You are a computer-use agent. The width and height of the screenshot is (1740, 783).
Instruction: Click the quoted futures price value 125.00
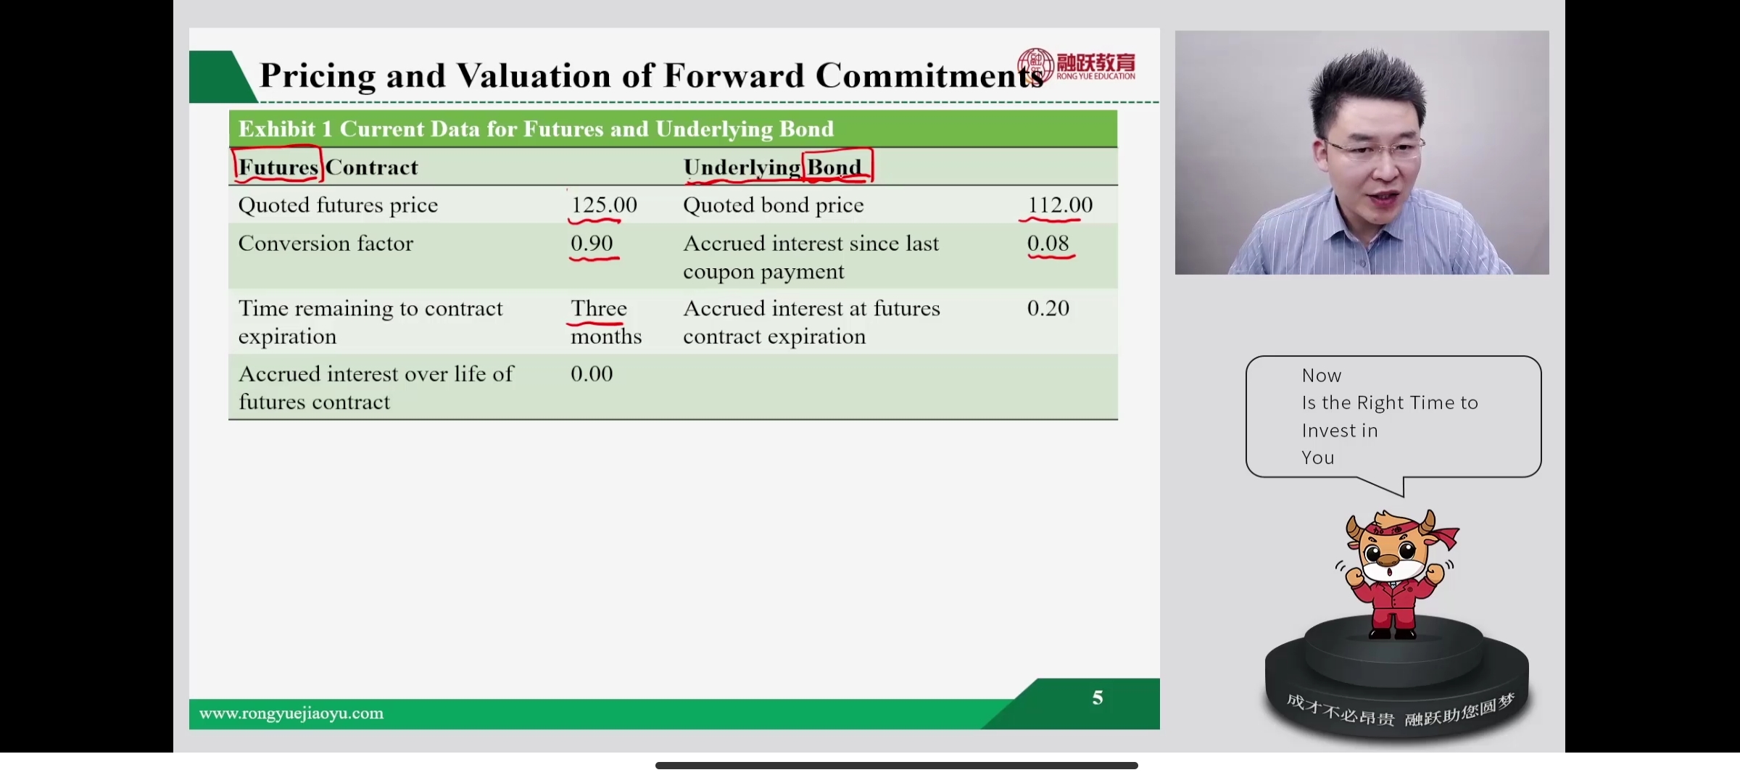pyautogui.click(x=604, y=205)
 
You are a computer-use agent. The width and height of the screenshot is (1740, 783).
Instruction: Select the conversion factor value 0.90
pyautogui.click(x=592, y=244)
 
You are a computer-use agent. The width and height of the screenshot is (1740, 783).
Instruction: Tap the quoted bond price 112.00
pyautogui.click(x=1060, y=205)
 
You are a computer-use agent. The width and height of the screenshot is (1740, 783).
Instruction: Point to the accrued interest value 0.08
pyautogui.click(x=1048, y=244)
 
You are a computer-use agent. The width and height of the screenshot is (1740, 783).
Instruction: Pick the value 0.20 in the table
pyautogui.click(x=1048, y=308)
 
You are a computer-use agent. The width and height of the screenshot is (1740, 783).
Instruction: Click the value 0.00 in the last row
pyautogui.click(x=592, y=373)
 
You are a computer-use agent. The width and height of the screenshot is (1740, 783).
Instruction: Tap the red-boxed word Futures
pyautogui.click(x=278, y=167)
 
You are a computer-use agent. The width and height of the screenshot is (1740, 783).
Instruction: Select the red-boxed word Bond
pyautogui.click(x=834, y=167)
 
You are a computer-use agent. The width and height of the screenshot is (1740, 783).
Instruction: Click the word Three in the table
pyautogui.click(x=599, y=308)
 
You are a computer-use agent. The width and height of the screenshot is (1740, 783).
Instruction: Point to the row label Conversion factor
pyautogui.click(x=326, y=244)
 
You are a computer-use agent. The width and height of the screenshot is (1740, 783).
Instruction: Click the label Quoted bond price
pyautogui.click(x=774, y=205)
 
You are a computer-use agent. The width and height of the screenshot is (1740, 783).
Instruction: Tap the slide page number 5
pyautogui.click(x=1098, y=697)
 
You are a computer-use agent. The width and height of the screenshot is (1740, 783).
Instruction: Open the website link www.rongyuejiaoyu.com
pyautogui.click(x=291, y=713)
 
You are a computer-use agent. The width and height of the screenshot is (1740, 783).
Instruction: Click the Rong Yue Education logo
pyautogui.click(x=1076, y=65)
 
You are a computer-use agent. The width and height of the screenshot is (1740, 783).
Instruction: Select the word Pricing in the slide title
pyautogui.click(x=318, y=76)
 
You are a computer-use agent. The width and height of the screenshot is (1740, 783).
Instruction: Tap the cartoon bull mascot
pyautogui.click(x=1396, y=573)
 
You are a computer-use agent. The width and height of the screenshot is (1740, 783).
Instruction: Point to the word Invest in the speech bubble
pyautogui.click(x=1340, y=431)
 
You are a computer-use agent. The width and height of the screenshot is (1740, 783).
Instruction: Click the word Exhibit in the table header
pyautogui.click(x=277, y=129)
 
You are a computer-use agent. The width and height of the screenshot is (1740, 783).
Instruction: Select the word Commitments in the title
pyautogui.click(x=929, y=76)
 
